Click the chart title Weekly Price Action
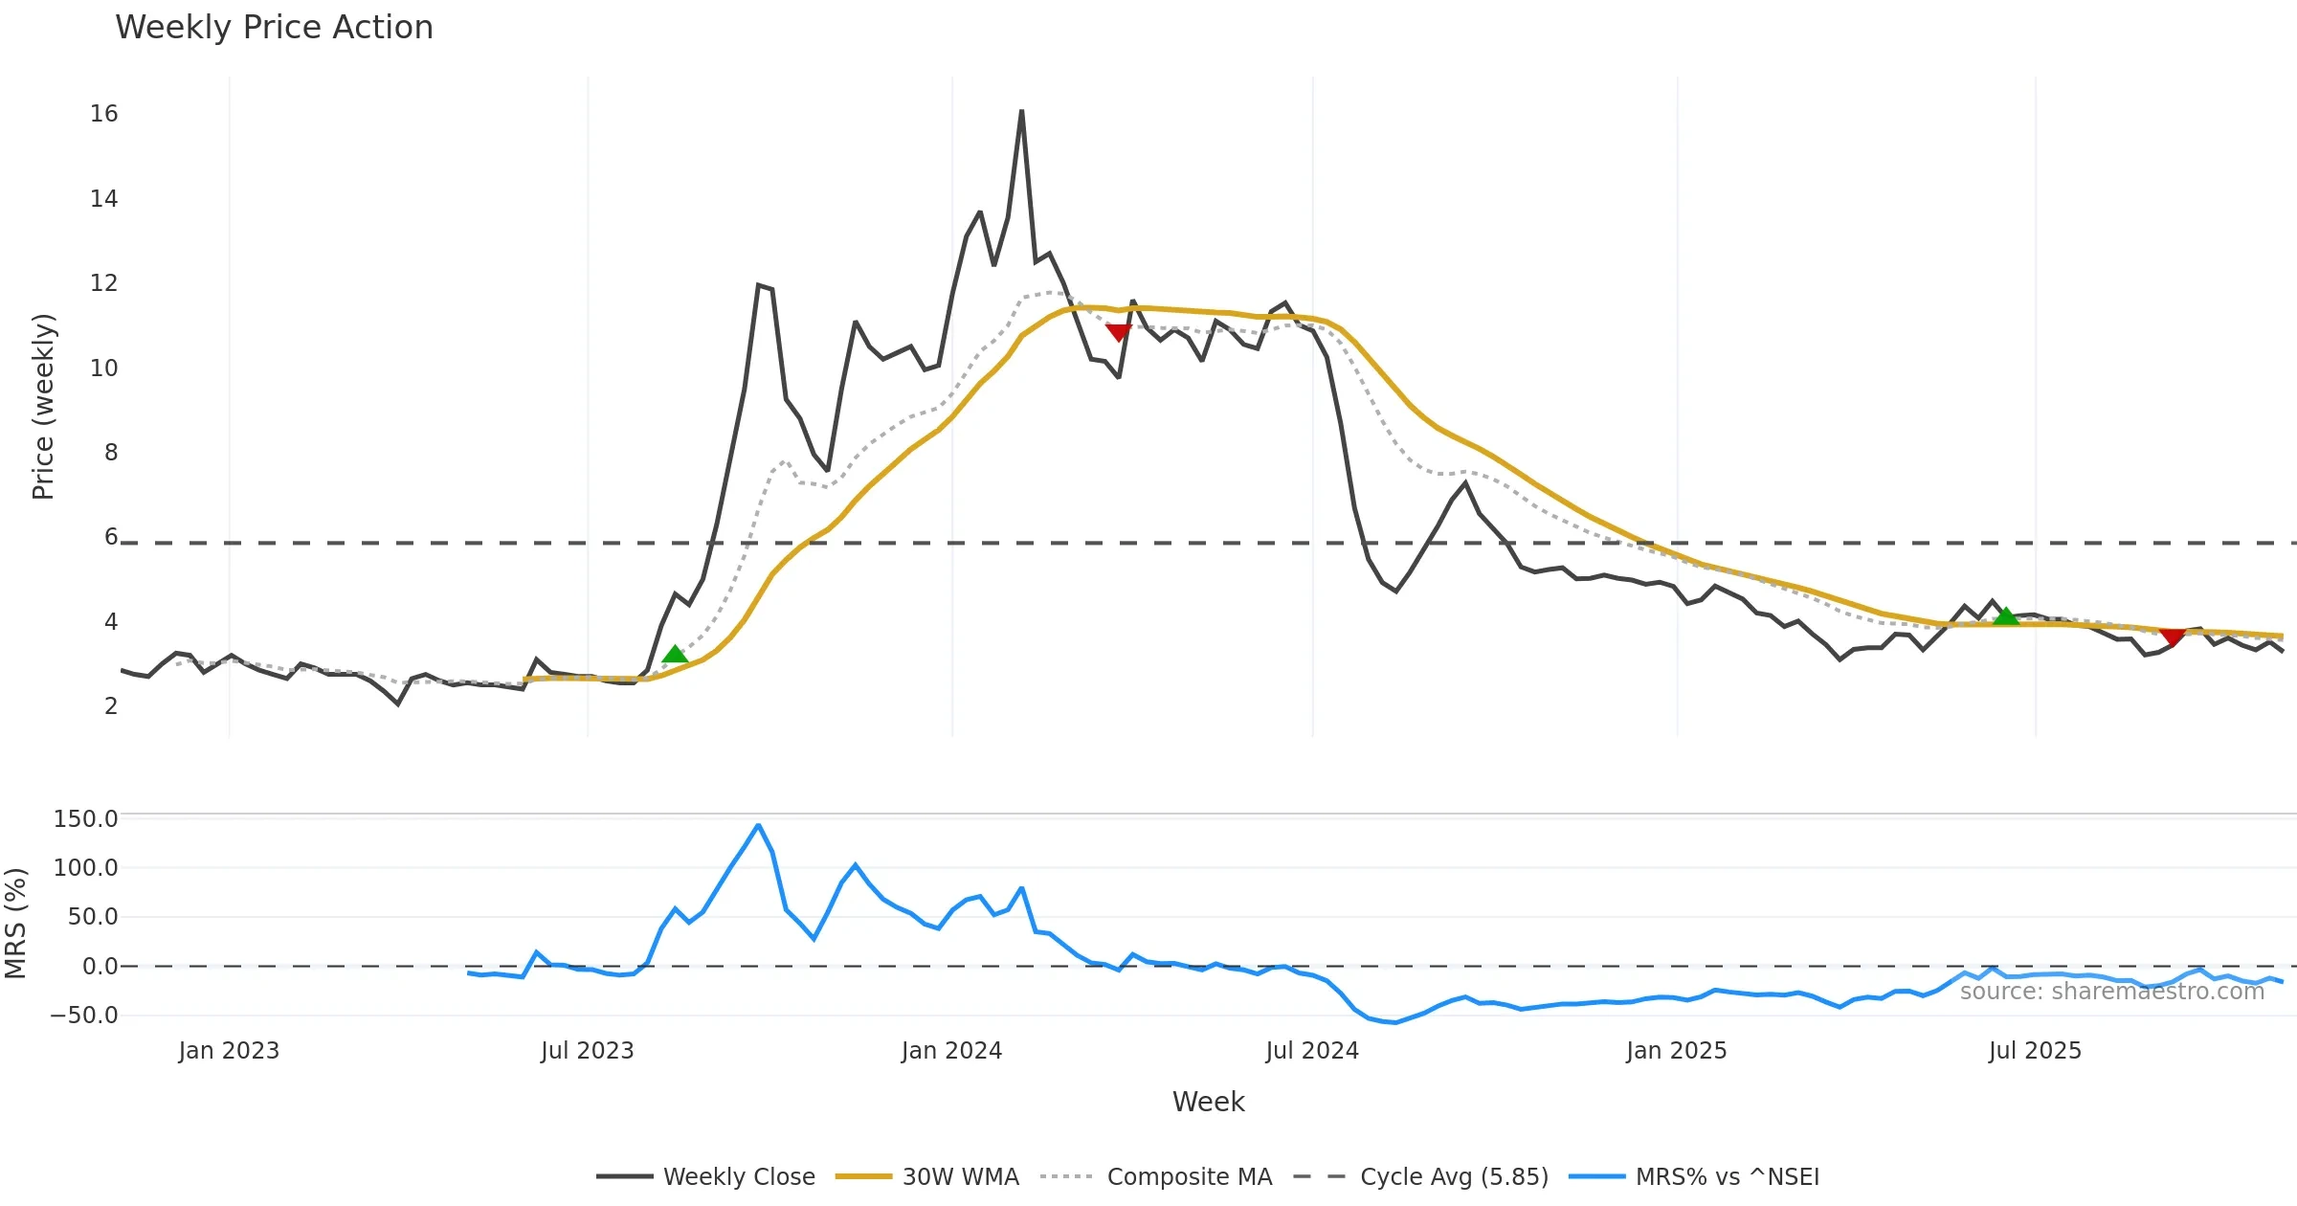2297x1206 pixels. [x=274, y=28]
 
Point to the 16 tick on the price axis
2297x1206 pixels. [x=104, y=114]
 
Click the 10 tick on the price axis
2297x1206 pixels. [x=104, y=368]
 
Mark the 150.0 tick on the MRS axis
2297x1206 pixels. [x=86, y=819]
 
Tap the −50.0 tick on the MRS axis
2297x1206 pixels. [x=84, y=1016]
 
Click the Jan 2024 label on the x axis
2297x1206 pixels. [x=951, y=1051]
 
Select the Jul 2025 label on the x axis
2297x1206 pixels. [x=2035, y=1051]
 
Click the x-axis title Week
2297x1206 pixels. [x=1208, y=1103]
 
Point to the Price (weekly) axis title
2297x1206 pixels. [x=43, y=407]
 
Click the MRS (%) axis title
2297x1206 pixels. [x=15, y=923]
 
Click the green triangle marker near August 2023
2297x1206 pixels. [x=675, y=655]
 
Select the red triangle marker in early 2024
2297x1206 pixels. [x=1118, y=332]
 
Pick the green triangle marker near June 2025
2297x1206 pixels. [x=2006, y=617]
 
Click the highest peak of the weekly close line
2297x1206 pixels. [x=1021, y=111]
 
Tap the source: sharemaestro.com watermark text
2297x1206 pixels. [x=2111, y=992]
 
